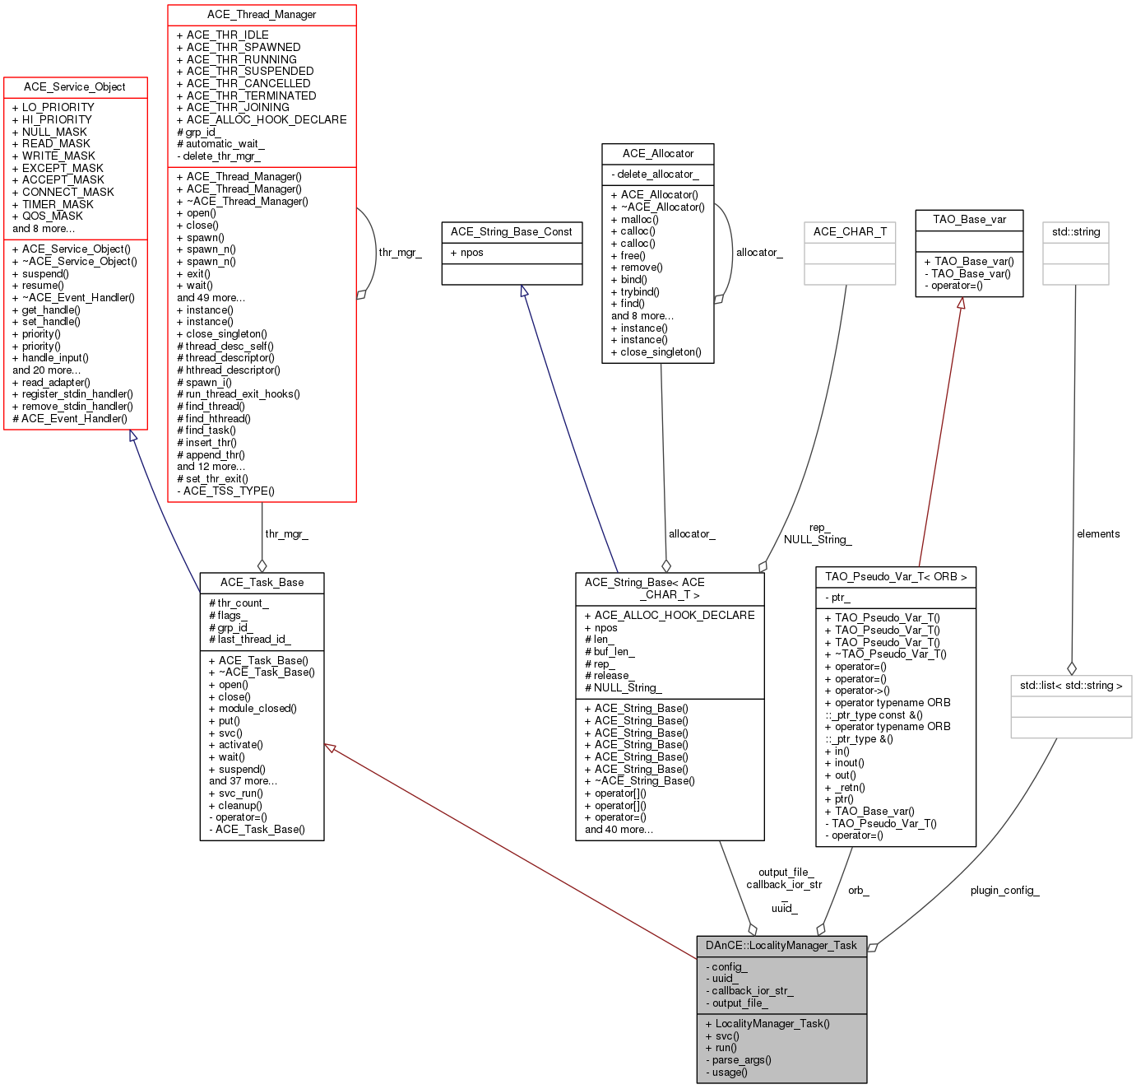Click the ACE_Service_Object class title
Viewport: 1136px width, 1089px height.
coord(75,87)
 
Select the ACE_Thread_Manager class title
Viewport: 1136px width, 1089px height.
coord(262,15)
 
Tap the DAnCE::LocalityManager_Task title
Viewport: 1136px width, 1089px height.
coord(781,946)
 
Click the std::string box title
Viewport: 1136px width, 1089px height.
coord(1075,232)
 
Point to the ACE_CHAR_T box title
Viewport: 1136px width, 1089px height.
coord(850,232)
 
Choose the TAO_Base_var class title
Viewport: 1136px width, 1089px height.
coord(969,220)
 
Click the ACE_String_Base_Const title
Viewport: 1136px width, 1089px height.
coord(511,232)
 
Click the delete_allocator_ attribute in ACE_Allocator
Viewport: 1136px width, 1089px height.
coord(655,175)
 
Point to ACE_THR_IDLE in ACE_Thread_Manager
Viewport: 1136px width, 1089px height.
coord(222,35)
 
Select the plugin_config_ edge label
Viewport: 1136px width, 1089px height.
coord(1004,891)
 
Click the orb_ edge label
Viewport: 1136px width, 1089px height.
coord(858,891)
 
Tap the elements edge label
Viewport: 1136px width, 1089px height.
coord(1098,534)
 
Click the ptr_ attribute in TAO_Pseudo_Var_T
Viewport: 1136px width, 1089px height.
coord(837,598)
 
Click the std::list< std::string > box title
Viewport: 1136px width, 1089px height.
coord(1071,686)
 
